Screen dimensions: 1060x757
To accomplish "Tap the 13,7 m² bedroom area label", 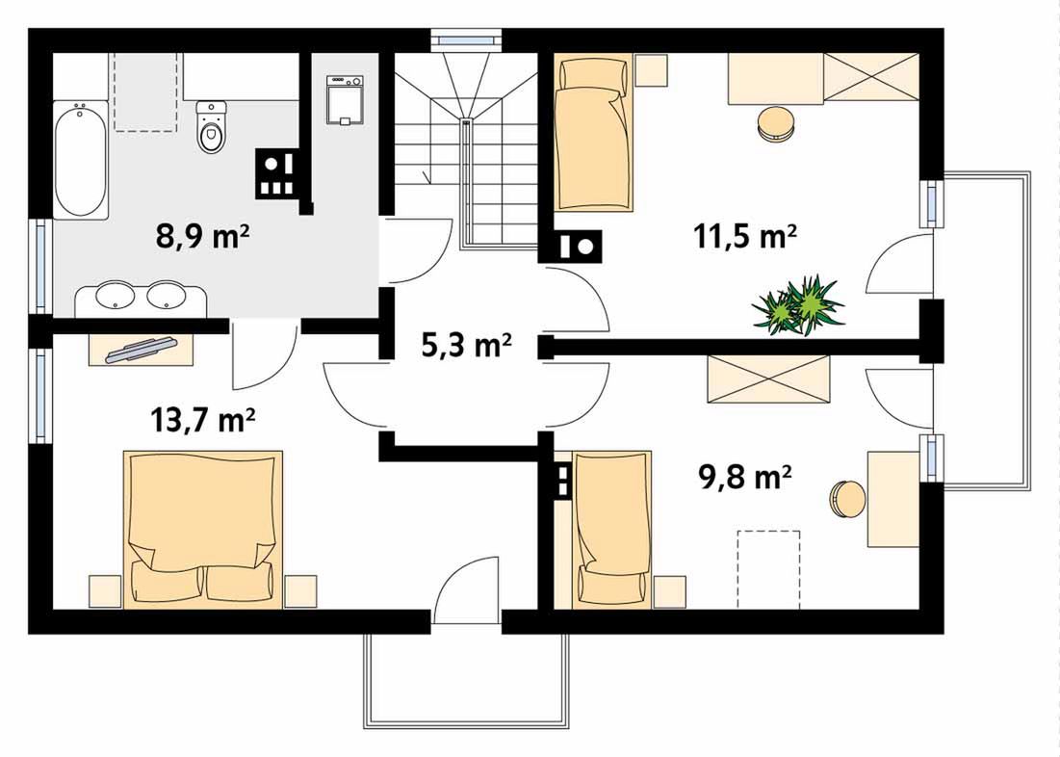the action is pyautogui.click(x=202, y=419).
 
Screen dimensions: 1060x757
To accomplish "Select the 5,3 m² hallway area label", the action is pyautogui.click(x=466, y=345).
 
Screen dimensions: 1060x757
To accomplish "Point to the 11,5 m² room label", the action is pyautogui.click(x=745, y=237).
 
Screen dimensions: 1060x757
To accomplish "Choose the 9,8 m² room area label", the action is pyautogui.click(x=744, y=476).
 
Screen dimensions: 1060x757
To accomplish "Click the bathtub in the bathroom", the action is pyautogui.click(x=81, y=160).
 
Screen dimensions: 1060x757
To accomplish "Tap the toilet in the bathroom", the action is pyautogui.click(x=212, y=127).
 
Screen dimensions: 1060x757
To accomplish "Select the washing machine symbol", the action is pyautogui.click(x=345, y=100).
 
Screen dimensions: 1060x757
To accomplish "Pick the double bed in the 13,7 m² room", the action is pyautogui.click(x=203, y=529).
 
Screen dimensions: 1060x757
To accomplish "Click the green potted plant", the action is pyautogui.click(x=798, y=305).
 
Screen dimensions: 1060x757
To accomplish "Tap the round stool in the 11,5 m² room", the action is pyautogui.click(x=776, y=124).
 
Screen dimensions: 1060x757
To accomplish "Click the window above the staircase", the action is pyautogui.click(x=468, y=39).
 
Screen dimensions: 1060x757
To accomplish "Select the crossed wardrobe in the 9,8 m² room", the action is pyautogui.click(x=768, y=380).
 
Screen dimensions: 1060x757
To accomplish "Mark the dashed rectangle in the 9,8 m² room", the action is pyautogui.click(x=768, y=569).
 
